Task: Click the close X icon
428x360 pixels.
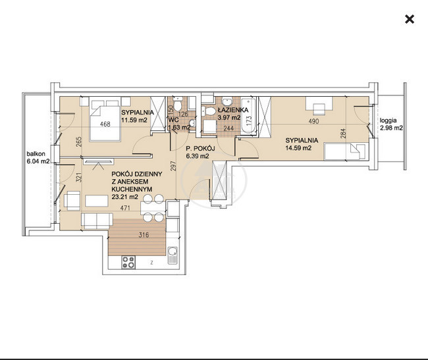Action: (x=410, y=19)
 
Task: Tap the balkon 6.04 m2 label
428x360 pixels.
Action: (x=38, y=157)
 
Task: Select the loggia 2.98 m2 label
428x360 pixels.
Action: (x=391, y=124)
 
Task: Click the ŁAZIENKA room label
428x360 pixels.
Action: (x=233, y=110)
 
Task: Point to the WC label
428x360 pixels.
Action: (x=174, y=120)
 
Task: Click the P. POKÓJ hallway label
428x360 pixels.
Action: (x=200, y=149)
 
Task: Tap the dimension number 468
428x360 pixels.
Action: (x=105, y=124)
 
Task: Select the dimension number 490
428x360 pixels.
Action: (x=313, y=121)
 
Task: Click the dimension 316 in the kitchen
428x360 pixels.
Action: (x=144, y=235)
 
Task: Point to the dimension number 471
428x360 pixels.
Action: (x=125, y=208)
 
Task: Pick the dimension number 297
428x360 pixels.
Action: (x=173, y=167)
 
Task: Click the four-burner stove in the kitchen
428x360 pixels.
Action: (x=128, y=263)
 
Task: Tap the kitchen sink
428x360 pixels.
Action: (x=173, y=255)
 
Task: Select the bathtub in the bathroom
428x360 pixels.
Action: (x=248, y=116)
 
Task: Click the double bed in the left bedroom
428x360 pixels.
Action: (x=105, y=120)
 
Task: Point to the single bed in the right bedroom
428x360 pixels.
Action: (x=344, y=152)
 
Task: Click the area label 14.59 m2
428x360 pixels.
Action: (x=298, y=148)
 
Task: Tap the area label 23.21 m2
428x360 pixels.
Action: (x=124, y=197)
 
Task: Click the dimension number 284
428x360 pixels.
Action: (x=344, y=134)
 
